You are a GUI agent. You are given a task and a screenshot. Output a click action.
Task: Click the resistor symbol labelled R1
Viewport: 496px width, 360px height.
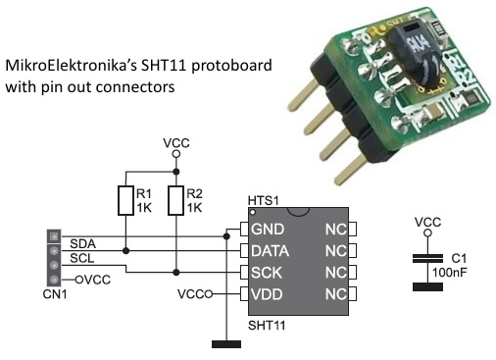coord(124,200)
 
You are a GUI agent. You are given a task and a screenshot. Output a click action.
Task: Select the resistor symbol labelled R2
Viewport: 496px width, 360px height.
coord(175,200)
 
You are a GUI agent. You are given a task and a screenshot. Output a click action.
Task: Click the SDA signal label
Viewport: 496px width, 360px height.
coord(82,242)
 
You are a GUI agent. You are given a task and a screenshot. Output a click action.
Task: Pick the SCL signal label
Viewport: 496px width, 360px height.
coord(81,258)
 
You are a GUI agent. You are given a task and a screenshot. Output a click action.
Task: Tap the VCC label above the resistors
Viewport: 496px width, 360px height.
coord(175,143)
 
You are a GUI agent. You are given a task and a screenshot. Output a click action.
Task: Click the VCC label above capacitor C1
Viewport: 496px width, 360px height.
coord(427,223)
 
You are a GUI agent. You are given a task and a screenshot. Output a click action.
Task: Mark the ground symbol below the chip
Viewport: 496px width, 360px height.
coord(226,342)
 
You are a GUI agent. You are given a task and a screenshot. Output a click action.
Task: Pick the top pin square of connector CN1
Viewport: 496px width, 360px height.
coord(54,236)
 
